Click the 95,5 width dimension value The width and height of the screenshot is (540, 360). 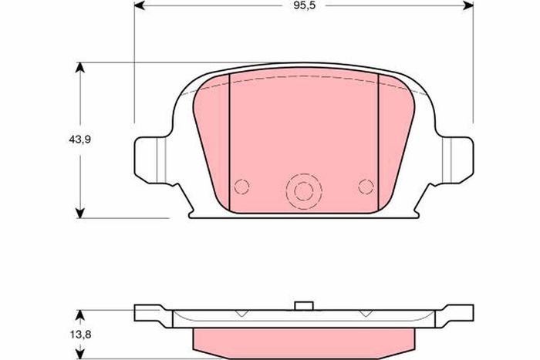pos(305,5)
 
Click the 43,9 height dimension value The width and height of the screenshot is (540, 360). pos(79,140)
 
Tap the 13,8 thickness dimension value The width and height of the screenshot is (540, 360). pos(80,335)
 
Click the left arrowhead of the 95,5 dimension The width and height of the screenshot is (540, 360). pos(139,5)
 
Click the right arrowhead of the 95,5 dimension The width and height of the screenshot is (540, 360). pos(468,5)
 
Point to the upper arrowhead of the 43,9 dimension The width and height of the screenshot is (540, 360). pos(80,68)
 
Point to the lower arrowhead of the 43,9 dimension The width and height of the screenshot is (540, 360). pos(80,213)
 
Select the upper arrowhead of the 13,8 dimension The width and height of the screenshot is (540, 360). pos(80,315)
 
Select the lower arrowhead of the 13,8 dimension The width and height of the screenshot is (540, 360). pos(80,355)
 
